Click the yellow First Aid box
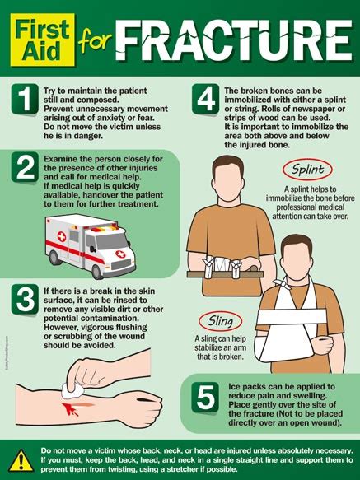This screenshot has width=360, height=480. pyautogui.click(x=43, y=40)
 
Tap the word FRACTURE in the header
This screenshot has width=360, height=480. pyautogui.click(x=234, y=40)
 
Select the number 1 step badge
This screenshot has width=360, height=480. pyautogui.click(x=25, y=99)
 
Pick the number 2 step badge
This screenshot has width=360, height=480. pyautogui.click(x=25, y=167)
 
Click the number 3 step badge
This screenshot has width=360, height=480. pyautogui.click(x=25, y=299)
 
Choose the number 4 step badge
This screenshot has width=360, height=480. pyautogui.click(x=206, y=99)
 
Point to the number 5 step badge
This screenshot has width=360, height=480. pyautogui.click(x=205, y=397)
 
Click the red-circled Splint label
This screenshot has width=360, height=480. pyautogui.click(x=307, y=170)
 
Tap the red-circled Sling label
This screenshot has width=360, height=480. pyautogui.click(x=220, y=321)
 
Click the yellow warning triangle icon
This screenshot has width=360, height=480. pyautogui.click(x=21, y=461)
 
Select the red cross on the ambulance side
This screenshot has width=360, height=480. pyautogui.click(x=62, y=236)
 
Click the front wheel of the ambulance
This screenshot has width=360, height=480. pyautogui.click(x=97, y=271)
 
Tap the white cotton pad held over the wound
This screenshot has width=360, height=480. pyautogui.click(x=72, y=391)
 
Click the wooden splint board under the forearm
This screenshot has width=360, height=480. pyautogui.click(x=225, y=274)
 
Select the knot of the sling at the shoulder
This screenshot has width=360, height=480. pyautogui.click(x=283, y=283)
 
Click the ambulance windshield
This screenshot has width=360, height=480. pyautogui.click(x=111, y=241)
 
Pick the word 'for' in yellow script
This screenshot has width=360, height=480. pyautogui.click(x=95, y=40)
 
